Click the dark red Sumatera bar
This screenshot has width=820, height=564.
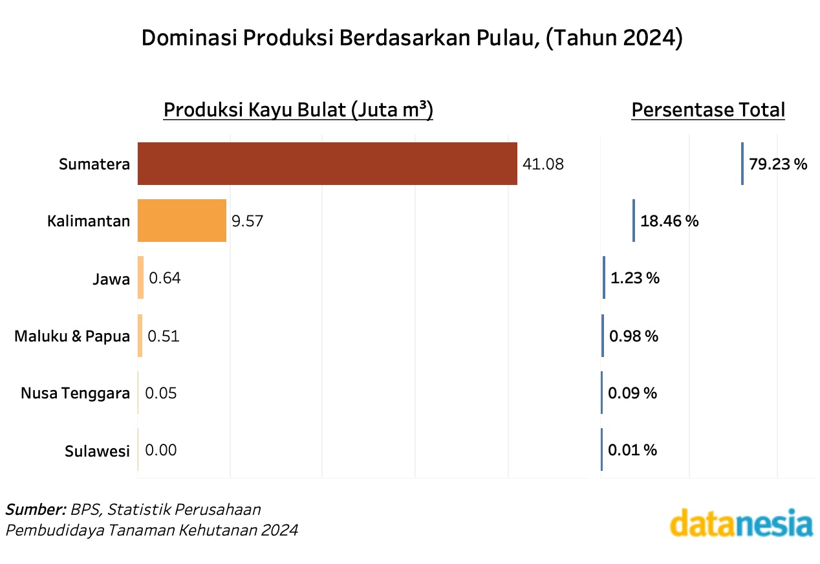327,164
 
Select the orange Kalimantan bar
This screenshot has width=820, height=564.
182,221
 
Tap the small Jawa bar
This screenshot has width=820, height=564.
140,278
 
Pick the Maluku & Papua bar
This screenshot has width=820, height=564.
140,336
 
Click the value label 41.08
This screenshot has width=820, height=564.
543,164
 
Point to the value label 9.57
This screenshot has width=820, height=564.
248,221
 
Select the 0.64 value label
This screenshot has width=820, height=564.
165,279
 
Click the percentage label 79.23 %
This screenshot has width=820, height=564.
778,164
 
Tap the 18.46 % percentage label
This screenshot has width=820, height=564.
669,221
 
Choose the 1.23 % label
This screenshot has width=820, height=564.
635,279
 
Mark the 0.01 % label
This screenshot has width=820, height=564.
632,450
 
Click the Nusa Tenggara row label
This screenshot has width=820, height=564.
75,393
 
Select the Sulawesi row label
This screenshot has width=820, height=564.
97,451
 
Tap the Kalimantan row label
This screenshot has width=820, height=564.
89,221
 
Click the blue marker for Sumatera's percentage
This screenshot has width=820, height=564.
742,164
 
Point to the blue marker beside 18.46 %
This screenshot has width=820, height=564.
634,221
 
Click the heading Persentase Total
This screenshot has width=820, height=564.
708,110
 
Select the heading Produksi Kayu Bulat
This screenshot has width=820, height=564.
298,110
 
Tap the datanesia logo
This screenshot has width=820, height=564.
741,525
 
